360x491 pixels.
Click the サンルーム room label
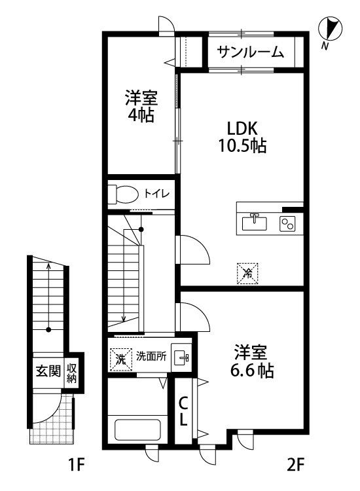point(251,52)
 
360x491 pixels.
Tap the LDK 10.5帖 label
point(242,137)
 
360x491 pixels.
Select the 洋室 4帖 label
point(141,107)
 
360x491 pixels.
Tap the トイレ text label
point(157,194)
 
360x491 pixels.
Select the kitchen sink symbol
point(255,223)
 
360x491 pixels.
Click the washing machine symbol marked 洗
point(120,358)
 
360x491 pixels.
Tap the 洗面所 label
point(151,357)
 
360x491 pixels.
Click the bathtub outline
point(137,430)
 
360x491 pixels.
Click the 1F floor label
point(77,466)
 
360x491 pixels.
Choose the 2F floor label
point(295,466)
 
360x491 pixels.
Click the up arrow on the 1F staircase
point(48,268)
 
